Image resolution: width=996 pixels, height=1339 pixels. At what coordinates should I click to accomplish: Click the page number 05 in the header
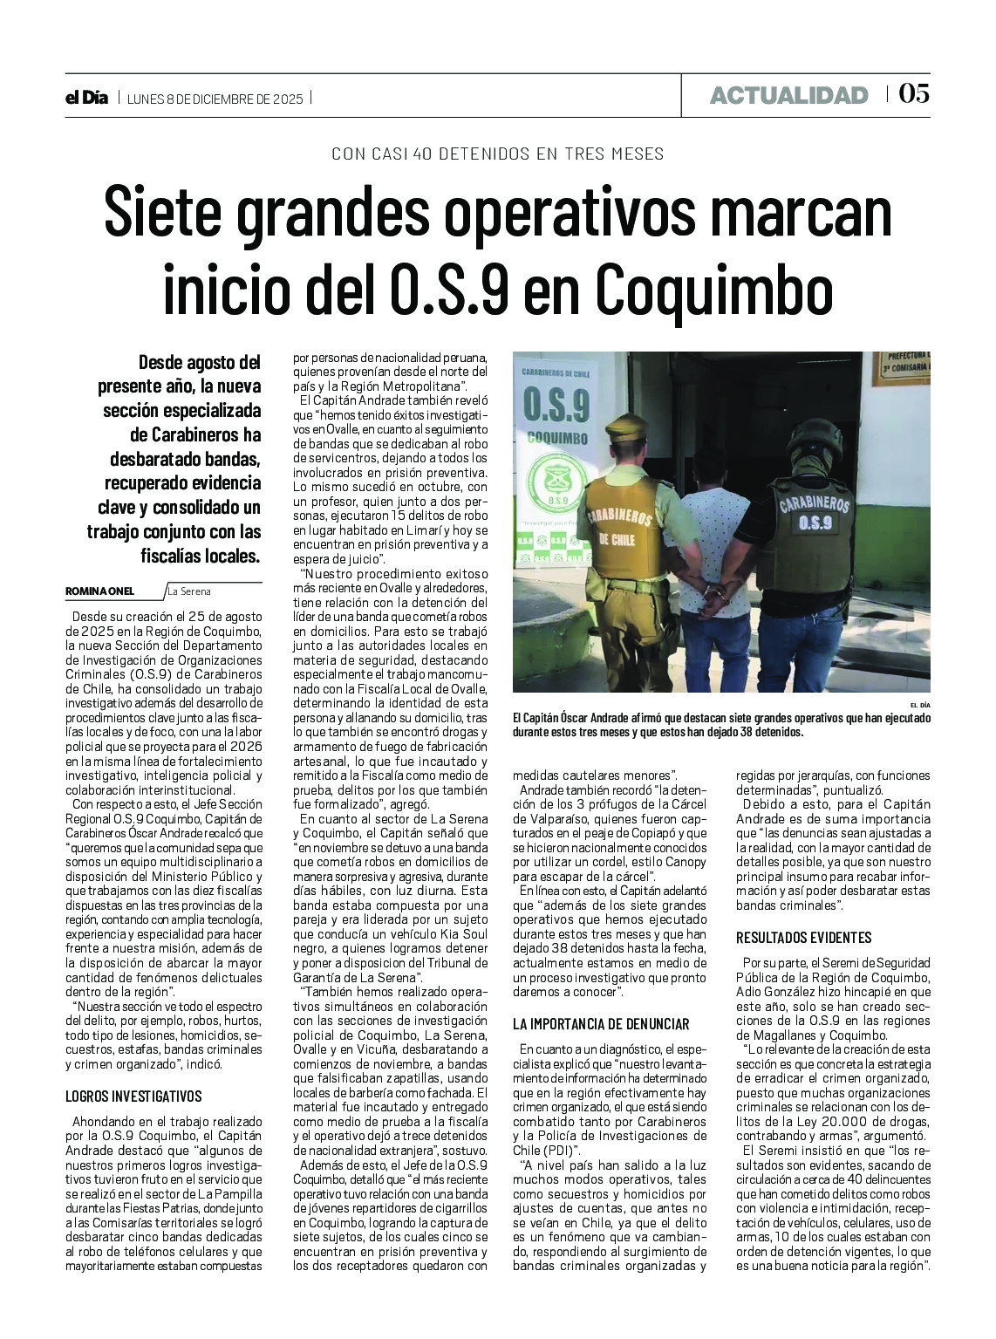913,94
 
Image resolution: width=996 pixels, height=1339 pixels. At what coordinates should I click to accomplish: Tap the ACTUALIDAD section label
788,95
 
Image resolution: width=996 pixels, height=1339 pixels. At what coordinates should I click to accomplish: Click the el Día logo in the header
86,98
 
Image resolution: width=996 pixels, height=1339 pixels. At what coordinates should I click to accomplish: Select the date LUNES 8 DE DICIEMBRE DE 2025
215,99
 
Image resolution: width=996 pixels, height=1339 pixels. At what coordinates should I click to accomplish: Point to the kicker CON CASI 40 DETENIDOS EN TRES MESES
498,154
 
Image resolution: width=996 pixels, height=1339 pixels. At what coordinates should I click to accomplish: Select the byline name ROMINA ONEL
100,591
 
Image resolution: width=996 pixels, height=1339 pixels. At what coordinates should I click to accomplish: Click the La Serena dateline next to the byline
189,591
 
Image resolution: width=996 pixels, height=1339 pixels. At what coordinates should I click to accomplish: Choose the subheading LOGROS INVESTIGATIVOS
133,1096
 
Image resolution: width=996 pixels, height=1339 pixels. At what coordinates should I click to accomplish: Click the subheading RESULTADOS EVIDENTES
803,938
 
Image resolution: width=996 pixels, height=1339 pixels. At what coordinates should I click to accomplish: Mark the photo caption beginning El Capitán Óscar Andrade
721,725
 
